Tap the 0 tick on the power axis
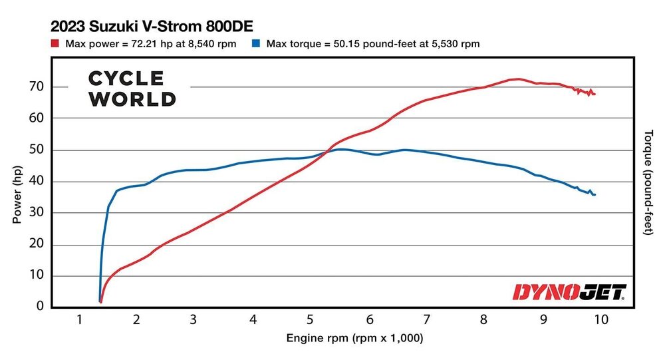click(x=40, y=307)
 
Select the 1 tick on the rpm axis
click(x=78, y=320)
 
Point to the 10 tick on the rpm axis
click(x=600, y=320)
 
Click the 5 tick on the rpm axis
click(x=311, y=320)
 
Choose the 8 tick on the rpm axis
click(x=485, y=320)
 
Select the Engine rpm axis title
click(x=354, y=339)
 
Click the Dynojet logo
click(x=569, y=291)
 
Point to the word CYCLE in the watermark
click(x=126, y=79)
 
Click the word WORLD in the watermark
click(x=132, y=99)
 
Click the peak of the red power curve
click(x=517, y=79)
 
